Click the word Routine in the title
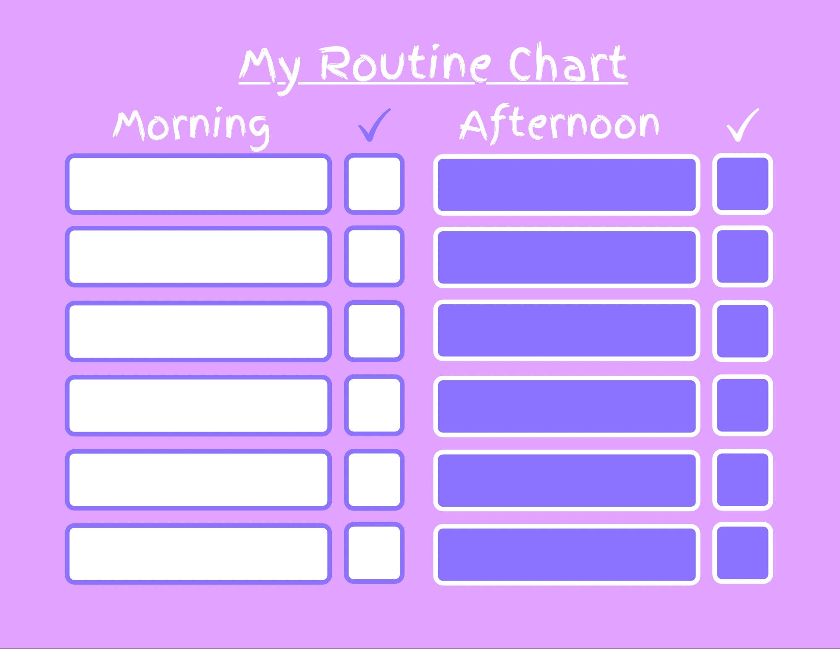405,64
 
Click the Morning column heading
191,126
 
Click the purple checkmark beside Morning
374,125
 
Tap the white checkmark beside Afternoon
743,125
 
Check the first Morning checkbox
374,184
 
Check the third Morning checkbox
374,331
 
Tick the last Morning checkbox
374,553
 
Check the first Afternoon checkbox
743,184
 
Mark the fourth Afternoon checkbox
743,406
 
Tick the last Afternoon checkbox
743,553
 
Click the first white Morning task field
198,184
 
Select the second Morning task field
198,256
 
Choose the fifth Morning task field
198,480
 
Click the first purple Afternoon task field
567,185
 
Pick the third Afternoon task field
567,330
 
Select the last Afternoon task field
567,554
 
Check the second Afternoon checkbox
743,256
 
